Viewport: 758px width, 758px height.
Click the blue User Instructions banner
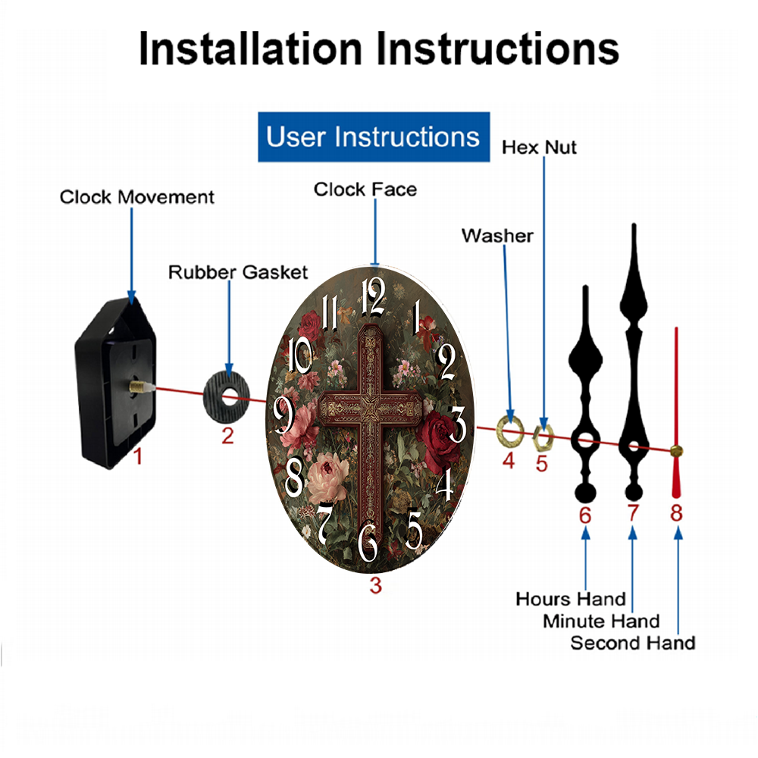click(374, 136)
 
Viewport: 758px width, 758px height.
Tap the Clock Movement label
click(136, 197)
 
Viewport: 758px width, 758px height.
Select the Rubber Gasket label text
click(238, 272)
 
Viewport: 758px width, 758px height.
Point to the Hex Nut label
click(539, 148)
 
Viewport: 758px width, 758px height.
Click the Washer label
click(497, 236)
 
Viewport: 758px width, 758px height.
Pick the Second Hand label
click(633, 643)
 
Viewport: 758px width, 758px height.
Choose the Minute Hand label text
click(601, 622)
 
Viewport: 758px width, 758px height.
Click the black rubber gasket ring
click(226, 397)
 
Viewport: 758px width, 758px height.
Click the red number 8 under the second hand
click(676, 513)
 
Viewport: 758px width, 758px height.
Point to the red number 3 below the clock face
click(376, 585)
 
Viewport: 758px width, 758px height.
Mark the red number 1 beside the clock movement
click(138, 456)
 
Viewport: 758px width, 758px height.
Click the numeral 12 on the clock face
click(374, 297)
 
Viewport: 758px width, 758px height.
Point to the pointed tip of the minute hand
click(633, 224)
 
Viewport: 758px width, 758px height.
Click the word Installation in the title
click(250, 49)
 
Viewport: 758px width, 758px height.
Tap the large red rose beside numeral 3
click(438, 440)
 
